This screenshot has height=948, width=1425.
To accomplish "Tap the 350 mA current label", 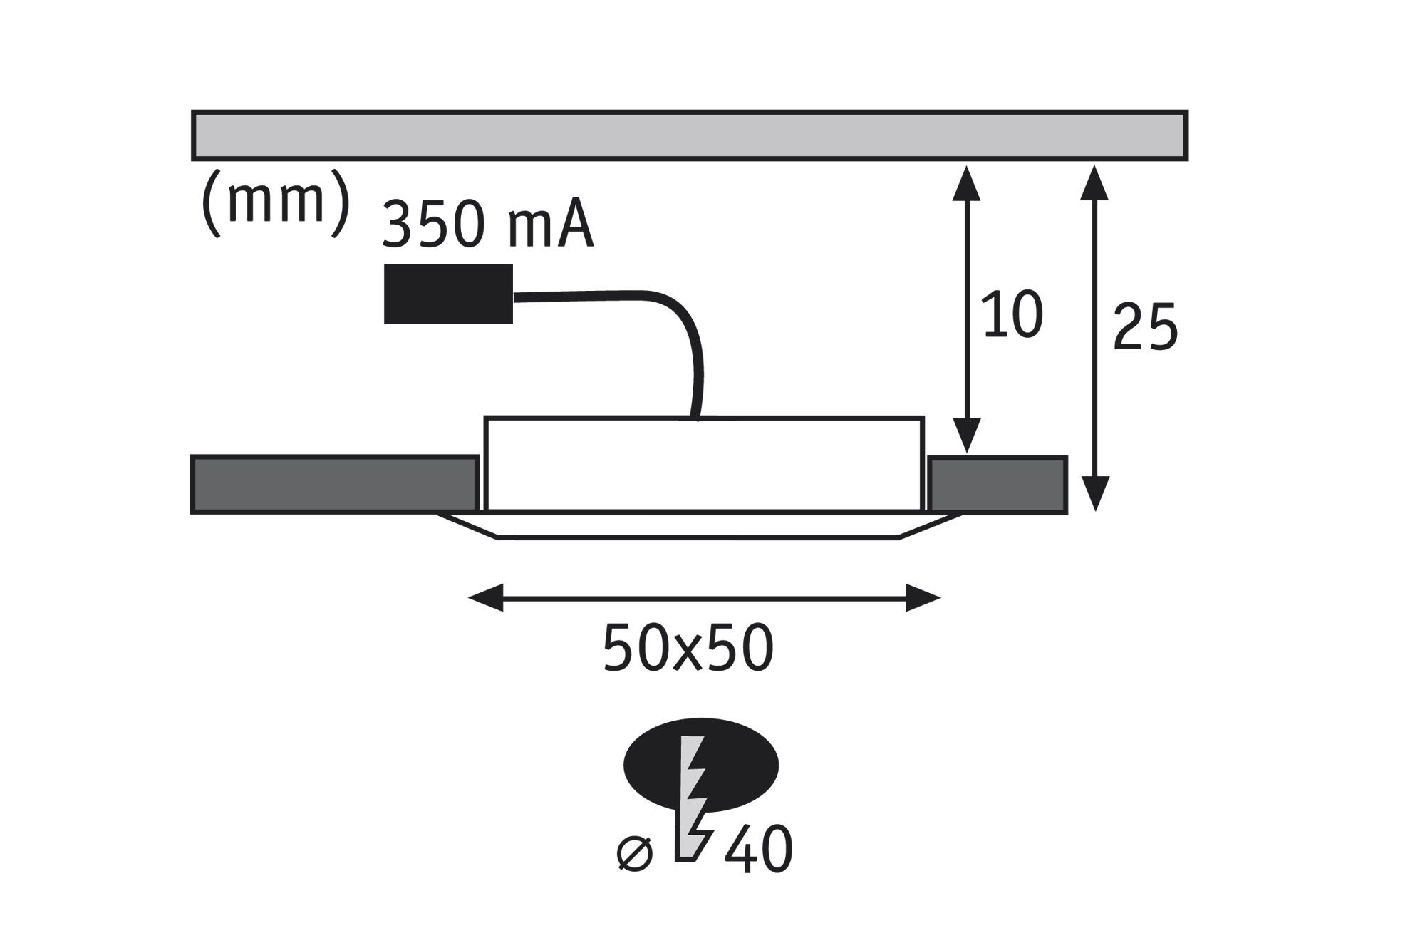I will coord(488,225).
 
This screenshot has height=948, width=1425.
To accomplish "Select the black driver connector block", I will coord(448,294).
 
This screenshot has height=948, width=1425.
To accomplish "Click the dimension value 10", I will coord(1012,314).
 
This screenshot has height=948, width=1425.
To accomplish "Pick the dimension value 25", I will coord(1145,327).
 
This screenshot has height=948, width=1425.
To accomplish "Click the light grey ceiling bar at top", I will coord(689,135).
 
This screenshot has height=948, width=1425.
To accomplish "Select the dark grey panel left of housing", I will coord(334,485).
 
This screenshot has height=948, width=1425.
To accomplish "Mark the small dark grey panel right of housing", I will coord(997,485).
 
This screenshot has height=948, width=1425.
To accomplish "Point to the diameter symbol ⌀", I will coord(634,854).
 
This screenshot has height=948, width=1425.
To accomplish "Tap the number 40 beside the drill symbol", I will coord(759,850).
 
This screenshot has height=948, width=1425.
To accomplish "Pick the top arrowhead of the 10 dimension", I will coord(967,182).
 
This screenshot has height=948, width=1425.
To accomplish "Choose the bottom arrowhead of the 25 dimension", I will coord(1094,493).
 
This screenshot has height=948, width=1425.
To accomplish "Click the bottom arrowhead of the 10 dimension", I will coord(967,438).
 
